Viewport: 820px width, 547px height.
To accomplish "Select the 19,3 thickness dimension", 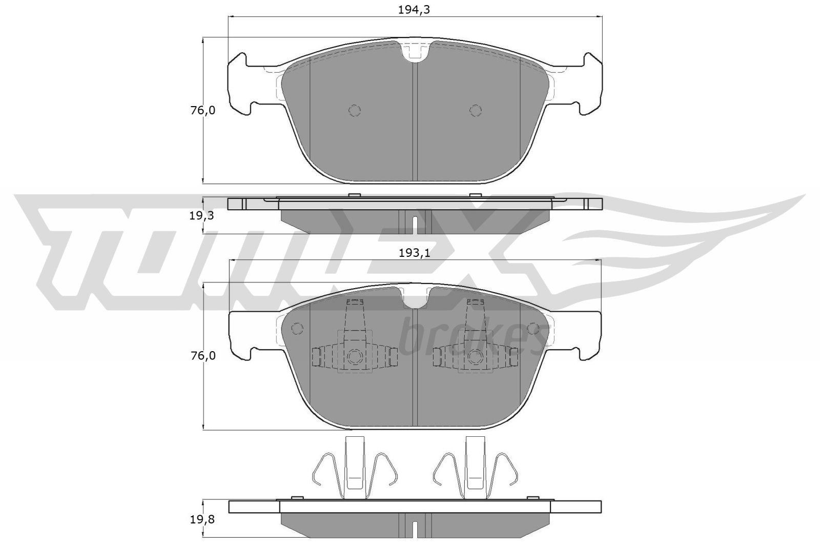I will pyautogui.click(x=201, y=216).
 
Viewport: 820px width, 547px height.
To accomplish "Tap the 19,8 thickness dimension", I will pyautogui.click(x=201, y=519).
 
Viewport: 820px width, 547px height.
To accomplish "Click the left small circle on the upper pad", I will pyautogui.click(x=355, y=110).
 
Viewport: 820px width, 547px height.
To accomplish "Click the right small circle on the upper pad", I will pyautogui.click(x=476, y=110).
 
